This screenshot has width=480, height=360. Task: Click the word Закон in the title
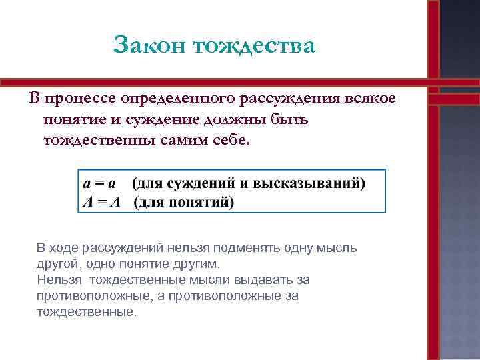pos(148,45)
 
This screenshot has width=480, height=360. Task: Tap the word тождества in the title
pos(253,45)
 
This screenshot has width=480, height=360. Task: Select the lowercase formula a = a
pos(101,183)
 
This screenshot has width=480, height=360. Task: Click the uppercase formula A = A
pos(101,201)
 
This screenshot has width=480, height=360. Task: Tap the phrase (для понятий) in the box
pos(183,201)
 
